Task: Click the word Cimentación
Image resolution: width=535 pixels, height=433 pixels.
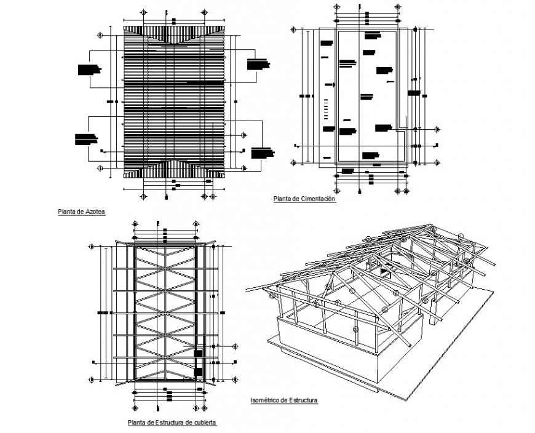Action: point(317,199)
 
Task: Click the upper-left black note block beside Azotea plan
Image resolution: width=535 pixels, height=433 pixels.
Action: point(89,69)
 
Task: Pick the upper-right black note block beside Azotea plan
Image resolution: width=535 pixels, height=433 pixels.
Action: point(258,63)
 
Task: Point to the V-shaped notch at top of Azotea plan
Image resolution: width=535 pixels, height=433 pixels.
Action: point(174,41)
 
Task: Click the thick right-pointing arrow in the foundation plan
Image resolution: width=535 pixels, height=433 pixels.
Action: point(330,84)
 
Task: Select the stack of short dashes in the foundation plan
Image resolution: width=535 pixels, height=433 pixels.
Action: point(326,111)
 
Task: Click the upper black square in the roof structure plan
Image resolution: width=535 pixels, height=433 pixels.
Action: point(198,353)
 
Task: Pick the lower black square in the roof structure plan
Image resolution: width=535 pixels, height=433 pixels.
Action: point(198,371)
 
